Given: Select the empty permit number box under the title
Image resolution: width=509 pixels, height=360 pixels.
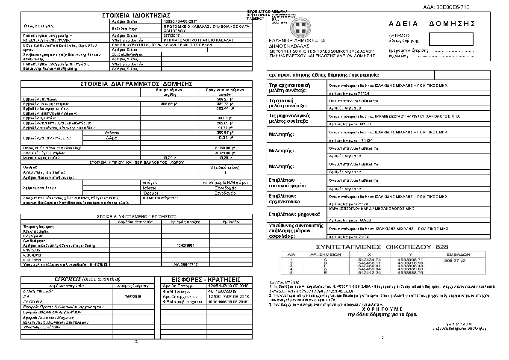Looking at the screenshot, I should click(x=451, y=38).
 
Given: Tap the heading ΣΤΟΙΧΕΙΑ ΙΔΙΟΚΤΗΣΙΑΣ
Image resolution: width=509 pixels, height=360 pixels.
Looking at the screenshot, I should click(x=136, y=16).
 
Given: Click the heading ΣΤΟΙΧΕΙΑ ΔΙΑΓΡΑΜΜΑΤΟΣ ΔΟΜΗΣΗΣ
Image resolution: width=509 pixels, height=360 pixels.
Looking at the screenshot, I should click(x=136, y=84).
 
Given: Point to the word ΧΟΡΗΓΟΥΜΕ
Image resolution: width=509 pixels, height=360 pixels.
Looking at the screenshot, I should click(x=382, y=308).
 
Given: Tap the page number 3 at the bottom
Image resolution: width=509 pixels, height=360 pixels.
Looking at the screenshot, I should click(x=382, y=337).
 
